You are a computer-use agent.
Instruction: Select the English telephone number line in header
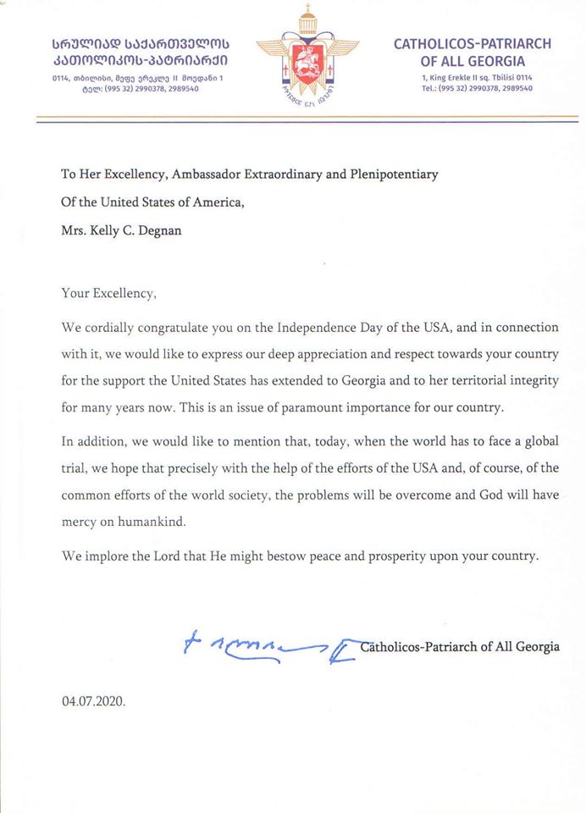[x=476, y=88]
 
